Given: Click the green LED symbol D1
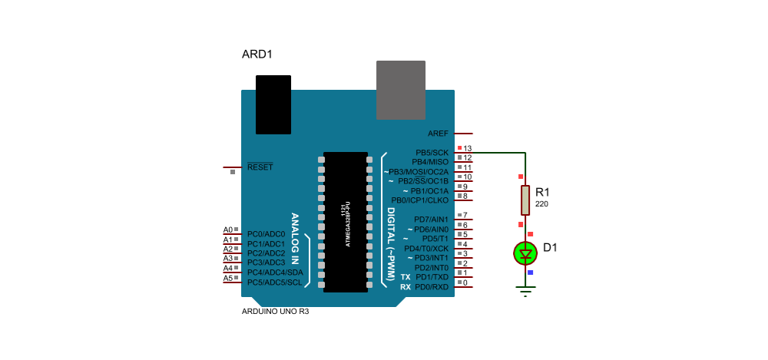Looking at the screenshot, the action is click(525, 254).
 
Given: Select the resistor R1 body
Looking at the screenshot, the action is click(525, 200).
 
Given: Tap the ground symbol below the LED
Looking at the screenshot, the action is click(525, 292).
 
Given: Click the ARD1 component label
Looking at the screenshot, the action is click(257, 54).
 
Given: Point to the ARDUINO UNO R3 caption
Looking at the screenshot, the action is click(275, 312).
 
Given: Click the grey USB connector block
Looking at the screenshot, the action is click(401, 90).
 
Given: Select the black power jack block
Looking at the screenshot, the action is click(273, 104).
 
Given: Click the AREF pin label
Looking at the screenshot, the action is click(438, 134).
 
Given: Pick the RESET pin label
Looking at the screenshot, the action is click(260, 167).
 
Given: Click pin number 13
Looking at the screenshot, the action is click(467, 148).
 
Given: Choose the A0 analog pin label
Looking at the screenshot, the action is click(228, 230).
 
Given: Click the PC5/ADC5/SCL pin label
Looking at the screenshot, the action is click(275, 282).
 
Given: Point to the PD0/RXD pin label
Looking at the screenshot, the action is click(431, 287).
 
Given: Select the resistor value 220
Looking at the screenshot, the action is click(541, 203).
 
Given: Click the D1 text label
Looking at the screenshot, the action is click(550, 248).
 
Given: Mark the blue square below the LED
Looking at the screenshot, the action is click(530, 272).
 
